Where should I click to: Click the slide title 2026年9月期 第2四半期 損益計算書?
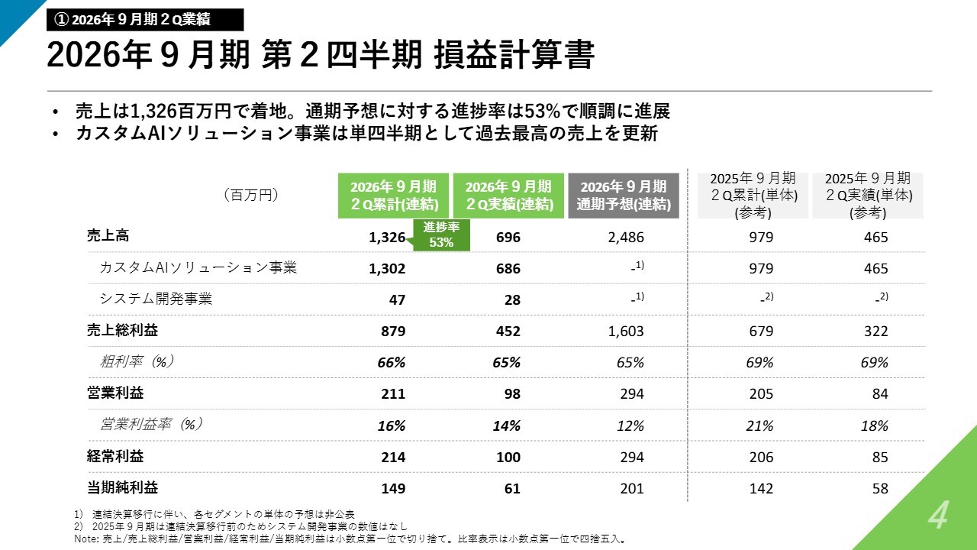pos(321,55)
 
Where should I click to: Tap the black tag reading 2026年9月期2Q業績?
pos(145,20)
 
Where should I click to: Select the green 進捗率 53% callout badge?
pos(441,235)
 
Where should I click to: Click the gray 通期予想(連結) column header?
pos(624,196)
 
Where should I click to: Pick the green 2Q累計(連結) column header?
pos(393,196)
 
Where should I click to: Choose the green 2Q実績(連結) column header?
pos(508,196)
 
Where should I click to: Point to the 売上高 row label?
pos(108,236)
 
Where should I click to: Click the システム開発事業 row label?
pos(156,299)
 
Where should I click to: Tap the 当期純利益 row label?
pos(122,487)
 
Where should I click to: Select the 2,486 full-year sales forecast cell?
pos(626,238)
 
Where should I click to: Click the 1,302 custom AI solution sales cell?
pos(387,268)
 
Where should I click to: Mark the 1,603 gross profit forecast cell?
pos(626,332)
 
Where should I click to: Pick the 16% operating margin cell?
pos(392,425)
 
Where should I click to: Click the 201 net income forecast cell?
pos(632,488)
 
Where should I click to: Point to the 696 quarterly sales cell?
pos(508,238)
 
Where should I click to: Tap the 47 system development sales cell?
pos(397,300)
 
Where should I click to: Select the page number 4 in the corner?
pos(938,516)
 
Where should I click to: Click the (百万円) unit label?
pos(251,195)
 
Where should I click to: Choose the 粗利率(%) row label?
pos(137,362)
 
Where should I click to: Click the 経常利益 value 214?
pos(393,457)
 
